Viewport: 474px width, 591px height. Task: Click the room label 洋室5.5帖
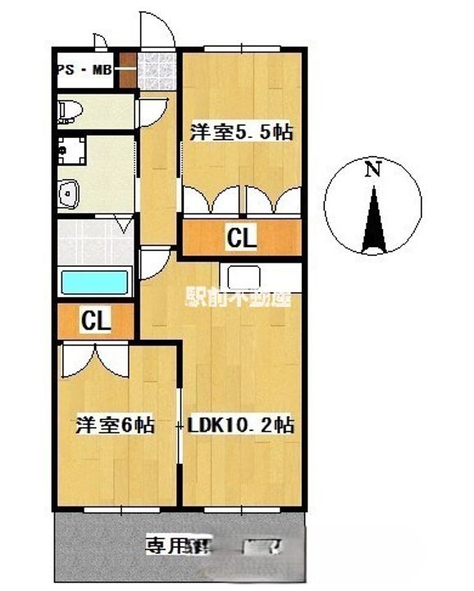[x=242, y=131]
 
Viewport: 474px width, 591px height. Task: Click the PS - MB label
[x=84, y=71]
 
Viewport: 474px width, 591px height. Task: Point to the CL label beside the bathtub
[x=96, y=322]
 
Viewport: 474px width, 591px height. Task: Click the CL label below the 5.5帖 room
[x=242, y=239]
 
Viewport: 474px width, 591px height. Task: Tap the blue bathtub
[x=96, y=283]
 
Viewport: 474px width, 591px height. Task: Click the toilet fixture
[x=71, y=111]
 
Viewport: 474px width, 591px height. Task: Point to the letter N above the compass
[x=373, y=171]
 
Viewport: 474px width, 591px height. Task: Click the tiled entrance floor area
[x=157, y=71]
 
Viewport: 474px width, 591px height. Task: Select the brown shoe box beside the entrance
[x=127, y=71]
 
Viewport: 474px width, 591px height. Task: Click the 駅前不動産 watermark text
[x=239, y=299]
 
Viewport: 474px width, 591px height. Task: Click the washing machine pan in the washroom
[x=79, y=153]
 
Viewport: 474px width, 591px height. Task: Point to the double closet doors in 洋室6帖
[x=95, y=359]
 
